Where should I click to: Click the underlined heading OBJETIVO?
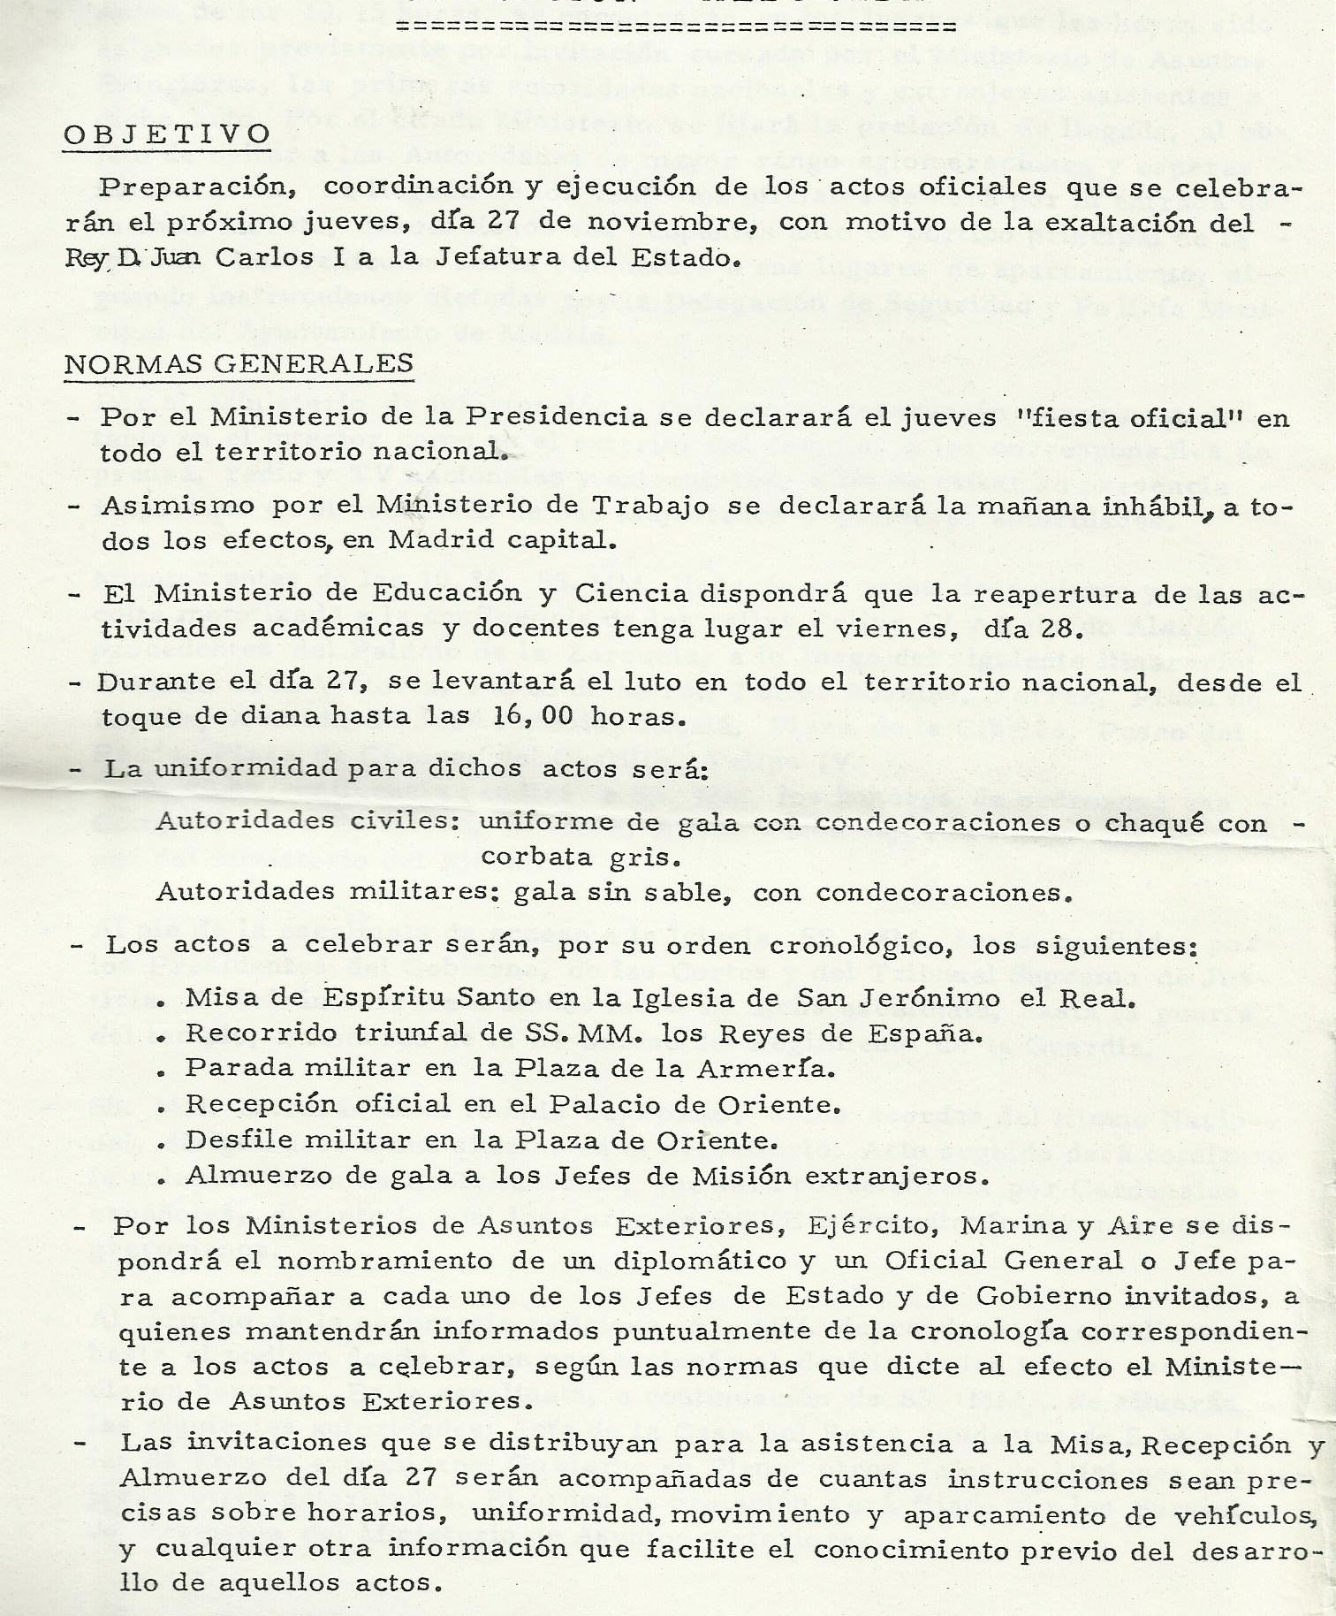tap(167, 134)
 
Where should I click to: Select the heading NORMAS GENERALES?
tap(239, 363)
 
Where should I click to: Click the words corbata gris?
tap(581, 857)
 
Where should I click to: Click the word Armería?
tap(765, 1068)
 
